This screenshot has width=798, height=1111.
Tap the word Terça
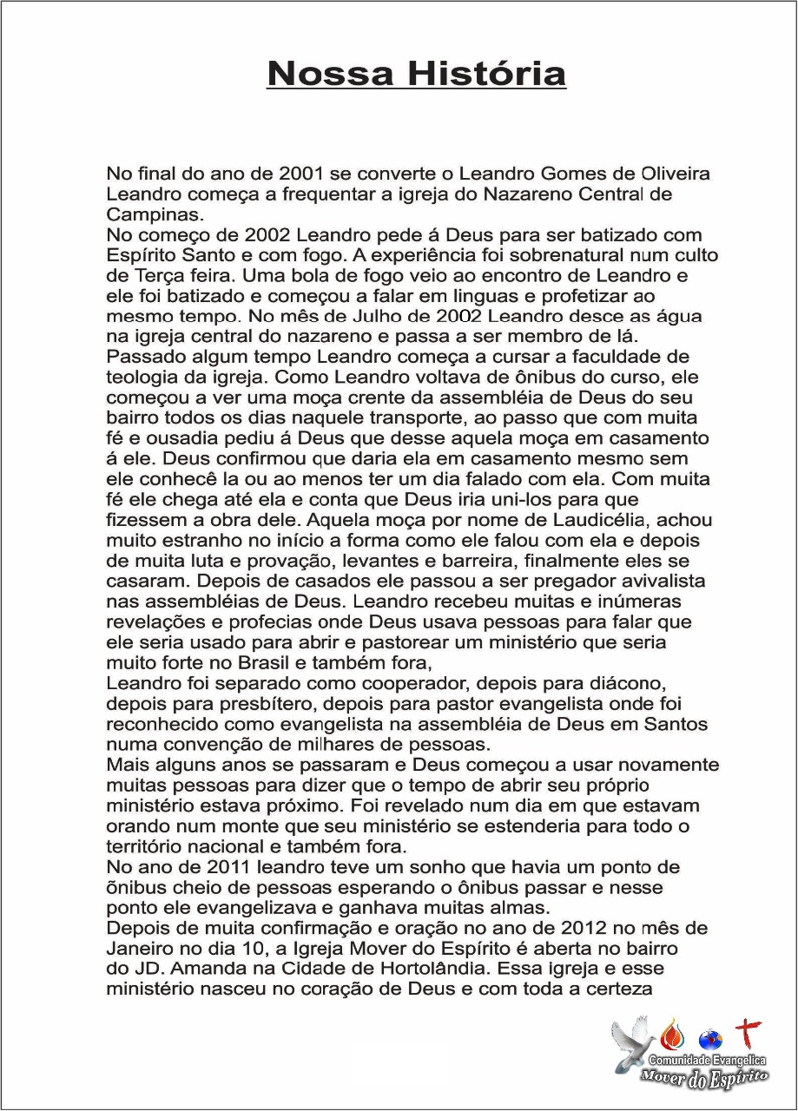tap(155, 277)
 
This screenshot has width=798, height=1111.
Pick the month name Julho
tap(358, 317)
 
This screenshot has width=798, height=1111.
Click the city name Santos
tap(676, 724)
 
